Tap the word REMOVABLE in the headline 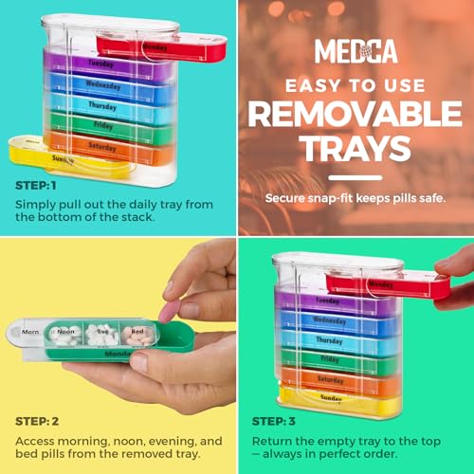(x=355, y=114)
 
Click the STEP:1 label (x=36, y=185)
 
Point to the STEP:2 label (x=36, y=420)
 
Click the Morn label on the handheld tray (x=30, y=332)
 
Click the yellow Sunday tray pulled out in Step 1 (x=43, y=155)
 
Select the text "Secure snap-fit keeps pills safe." (x=355, y=198)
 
